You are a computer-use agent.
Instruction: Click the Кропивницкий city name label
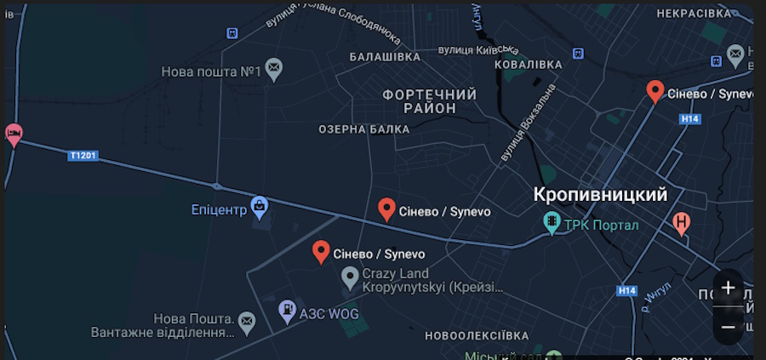pos(600,195)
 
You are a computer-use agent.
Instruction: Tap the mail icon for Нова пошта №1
pos(273,67)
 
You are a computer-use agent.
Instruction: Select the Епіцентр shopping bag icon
pos(260,205)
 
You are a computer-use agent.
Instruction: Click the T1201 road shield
pos(83,156)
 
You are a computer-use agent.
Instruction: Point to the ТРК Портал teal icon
pos(552,223)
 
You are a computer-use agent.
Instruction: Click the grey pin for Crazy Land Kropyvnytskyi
pos(350,276)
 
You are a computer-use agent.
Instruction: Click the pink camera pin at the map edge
pos(13,134)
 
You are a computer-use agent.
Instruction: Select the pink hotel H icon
pos(681,223)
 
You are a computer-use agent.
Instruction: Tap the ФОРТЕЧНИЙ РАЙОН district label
pos(430,101)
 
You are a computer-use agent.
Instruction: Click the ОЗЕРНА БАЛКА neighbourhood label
pos(363,129)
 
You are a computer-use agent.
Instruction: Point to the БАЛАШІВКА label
pos(385,56)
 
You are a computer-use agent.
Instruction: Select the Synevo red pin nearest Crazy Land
pos(321,251)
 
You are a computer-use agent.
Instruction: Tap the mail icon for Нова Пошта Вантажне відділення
pos(246,321)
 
